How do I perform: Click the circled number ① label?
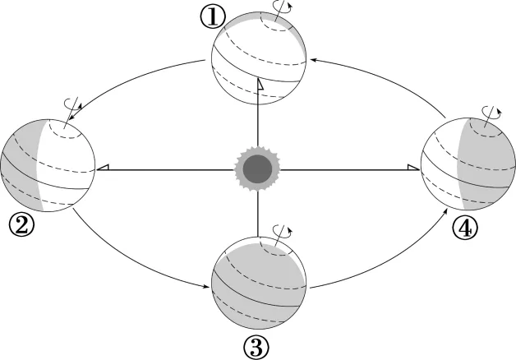(x=213, y=17)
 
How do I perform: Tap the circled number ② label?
(x=21, y=224)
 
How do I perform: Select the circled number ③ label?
(x=256, y=347)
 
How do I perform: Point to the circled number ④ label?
(x=465, y=228)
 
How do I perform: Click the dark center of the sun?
(x=257, y=168)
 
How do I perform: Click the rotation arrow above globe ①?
(x=282, y=7)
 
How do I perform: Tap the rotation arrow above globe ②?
(x=73, y=104)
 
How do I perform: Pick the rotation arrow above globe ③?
(x=283, y=231)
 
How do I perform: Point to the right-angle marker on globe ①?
(x=260, y=85)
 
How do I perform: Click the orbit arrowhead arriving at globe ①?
(x=313, y=60)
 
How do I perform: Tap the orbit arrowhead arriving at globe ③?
(x=206, y=286)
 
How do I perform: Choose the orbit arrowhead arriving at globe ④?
(x=445, y=214)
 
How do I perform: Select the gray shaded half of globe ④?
(x=484, y=164)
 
